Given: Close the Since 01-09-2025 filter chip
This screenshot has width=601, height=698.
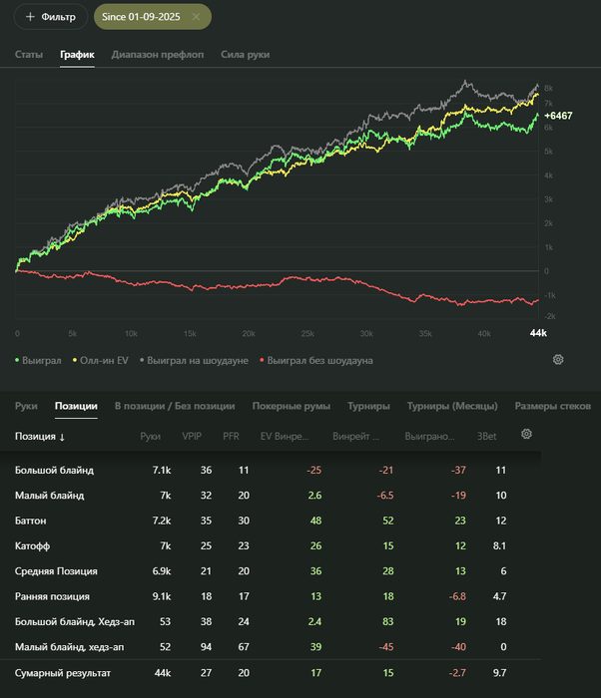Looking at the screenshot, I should point(196,17).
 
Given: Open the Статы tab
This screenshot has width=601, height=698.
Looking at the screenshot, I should point(29,54).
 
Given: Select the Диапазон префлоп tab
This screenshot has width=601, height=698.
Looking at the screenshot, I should point(158,54).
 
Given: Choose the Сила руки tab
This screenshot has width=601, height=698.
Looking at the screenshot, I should point(245,54).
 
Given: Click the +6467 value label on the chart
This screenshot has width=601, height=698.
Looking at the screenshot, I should point(558,116).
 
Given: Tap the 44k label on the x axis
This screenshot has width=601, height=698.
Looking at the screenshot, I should point(537,333).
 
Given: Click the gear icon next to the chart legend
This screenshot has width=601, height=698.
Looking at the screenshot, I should point(558,359).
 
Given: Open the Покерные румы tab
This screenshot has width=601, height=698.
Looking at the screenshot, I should point(291,406).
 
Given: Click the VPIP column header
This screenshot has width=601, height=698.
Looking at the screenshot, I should point(192,436).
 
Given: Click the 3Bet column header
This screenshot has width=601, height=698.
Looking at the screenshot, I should point(487,436).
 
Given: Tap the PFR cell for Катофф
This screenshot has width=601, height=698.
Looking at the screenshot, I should point(231,546).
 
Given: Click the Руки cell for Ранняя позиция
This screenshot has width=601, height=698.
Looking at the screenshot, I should point(151,597).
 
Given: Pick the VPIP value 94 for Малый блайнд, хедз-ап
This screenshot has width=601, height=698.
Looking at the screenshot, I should point(206,648).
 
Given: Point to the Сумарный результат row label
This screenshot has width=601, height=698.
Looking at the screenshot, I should point(63,674).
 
